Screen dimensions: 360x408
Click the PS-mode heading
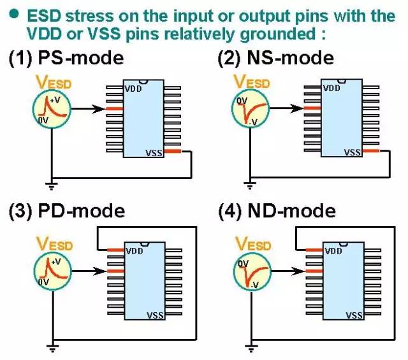66,58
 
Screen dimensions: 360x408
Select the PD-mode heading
67,210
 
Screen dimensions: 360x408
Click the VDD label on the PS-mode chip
133,88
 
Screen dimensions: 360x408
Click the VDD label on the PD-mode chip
133,250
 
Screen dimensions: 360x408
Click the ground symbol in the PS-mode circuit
51,187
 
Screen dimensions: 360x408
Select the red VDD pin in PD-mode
115,250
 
